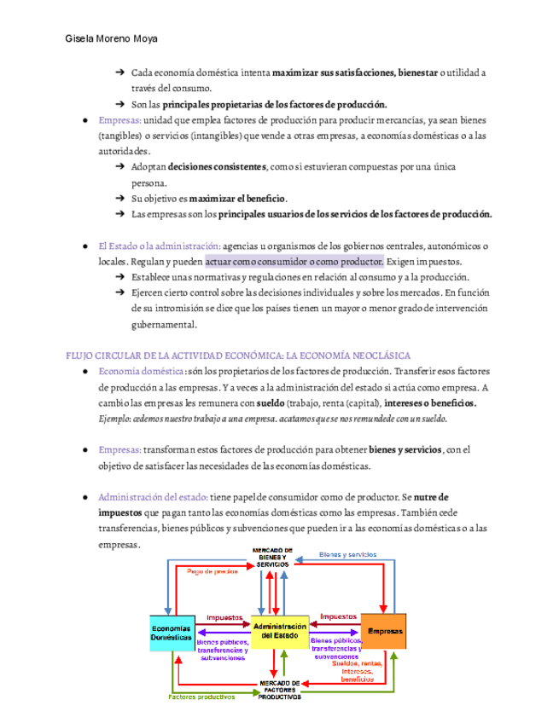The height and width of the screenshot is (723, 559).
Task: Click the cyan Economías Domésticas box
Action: coord(172,633)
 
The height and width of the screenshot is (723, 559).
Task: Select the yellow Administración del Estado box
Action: coord(279,632)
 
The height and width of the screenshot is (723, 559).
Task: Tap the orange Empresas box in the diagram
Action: coord(383,632)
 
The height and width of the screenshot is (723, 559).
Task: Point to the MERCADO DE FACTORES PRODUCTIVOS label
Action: coord(280,689)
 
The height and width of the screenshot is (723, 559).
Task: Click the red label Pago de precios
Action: coord(213,571)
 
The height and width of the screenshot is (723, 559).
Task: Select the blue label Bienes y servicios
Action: coord(347,555)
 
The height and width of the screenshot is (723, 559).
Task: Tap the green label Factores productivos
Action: coord(201,697)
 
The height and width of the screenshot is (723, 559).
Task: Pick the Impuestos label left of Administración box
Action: coord(224,617)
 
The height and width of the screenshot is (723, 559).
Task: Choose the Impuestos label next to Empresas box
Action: coord(338,616)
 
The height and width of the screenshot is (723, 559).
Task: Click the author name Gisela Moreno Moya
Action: coord(111,39)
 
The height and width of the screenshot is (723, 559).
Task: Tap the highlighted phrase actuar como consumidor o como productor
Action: coord(294,261)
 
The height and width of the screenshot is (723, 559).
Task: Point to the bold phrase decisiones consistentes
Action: coord(217,166)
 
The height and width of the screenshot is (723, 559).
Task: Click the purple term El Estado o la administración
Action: coord(160,246)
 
